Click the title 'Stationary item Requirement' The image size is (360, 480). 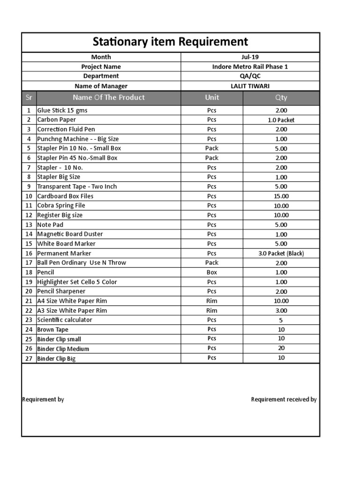[170, 42]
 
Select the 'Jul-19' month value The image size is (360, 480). [250, 57]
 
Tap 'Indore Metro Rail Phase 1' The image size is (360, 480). [250, 67]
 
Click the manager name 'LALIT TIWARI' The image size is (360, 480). [250, 86]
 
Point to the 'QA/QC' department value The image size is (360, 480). [250, 76]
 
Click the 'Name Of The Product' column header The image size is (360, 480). [108, 97]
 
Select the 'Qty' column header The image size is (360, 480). [281, 97]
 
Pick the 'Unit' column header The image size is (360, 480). [212, 97]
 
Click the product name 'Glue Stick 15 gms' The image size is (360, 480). [62, 110]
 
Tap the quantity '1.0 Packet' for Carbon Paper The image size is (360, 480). [281, 120]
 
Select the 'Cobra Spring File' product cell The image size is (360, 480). [61, 205]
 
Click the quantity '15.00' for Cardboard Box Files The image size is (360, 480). [281, 196]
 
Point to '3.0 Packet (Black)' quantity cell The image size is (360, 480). [281, 253]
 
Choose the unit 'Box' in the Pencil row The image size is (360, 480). [212, 272]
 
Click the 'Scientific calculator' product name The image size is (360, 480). [65, 320]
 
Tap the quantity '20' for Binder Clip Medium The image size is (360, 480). [281, 348]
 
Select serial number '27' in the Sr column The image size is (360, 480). [29, 358]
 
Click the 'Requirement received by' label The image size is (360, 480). [284, 399]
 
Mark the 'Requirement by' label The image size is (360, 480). [43, 399]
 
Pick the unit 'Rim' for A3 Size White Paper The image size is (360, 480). [212, 310]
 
